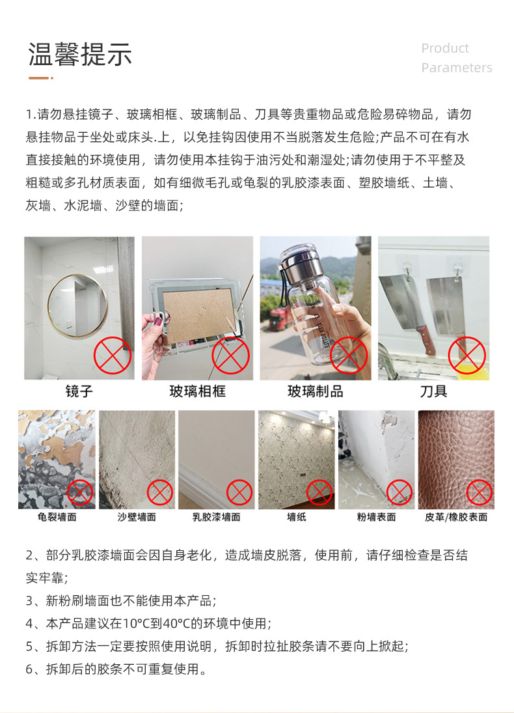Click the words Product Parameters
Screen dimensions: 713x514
point(456,58)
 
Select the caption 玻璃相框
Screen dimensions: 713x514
point(197,392)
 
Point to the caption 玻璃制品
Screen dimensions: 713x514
point(315,392)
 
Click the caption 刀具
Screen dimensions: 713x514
point(433,392)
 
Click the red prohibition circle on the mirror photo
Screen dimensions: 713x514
point(113,356)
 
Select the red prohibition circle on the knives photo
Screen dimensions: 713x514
point(467,356)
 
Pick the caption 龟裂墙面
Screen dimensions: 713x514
point(57,517)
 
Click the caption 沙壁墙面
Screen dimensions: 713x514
point(137,517)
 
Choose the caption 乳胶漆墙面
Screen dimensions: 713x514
point(216,517)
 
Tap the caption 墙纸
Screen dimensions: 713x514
point(296,517)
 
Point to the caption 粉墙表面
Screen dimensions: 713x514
point(376,517)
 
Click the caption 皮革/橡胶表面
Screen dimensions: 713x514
point(456,517)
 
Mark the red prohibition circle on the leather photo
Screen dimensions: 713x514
point(480,492)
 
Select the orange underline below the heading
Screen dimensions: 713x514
point(40,78)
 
